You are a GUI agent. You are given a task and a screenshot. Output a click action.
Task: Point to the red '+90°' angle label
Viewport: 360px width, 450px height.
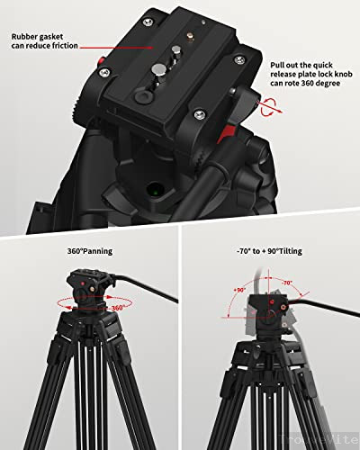(240, 291)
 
